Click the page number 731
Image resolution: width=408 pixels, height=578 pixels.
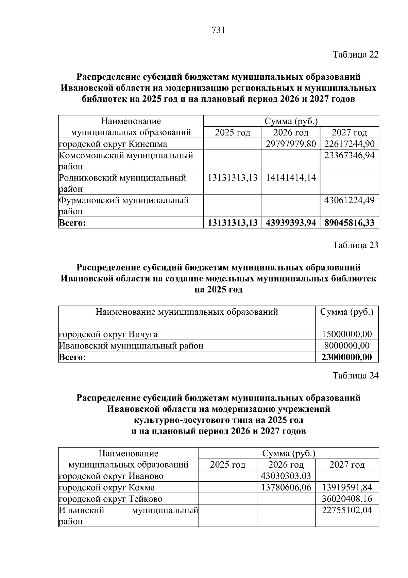219,30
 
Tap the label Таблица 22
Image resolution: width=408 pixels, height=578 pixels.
355,54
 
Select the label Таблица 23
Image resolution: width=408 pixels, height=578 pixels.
355,245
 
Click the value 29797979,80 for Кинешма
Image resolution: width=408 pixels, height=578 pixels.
291,144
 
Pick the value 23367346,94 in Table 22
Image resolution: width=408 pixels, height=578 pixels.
349,155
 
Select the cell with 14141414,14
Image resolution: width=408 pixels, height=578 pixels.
291,178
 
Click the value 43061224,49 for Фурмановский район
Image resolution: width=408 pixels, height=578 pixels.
349,200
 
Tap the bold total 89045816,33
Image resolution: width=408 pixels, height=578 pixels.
349,223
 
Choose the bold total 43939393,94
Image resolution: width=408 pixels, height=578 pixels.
291,223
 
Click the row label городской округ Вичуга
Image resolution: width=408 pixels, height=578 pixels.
108,334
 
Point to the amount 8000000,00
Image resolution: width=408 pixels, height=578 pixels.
347,346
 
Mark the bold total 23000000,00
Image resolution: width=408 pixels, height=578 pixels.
347,357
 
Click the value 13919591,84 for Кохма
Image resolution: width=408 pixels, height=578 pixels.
347,487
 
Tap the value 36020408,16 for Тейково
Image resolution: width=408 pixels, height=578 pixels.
347,499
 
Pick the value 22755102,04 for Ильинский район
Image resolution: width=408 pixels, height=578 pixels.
347,510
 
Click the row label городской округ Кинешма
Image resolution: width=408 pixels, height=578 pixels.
113,144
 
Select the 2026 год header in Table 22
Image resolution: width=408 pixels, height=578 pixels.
291,132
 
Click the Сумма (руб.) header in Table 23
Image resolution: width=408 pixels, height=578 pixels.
347,312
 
